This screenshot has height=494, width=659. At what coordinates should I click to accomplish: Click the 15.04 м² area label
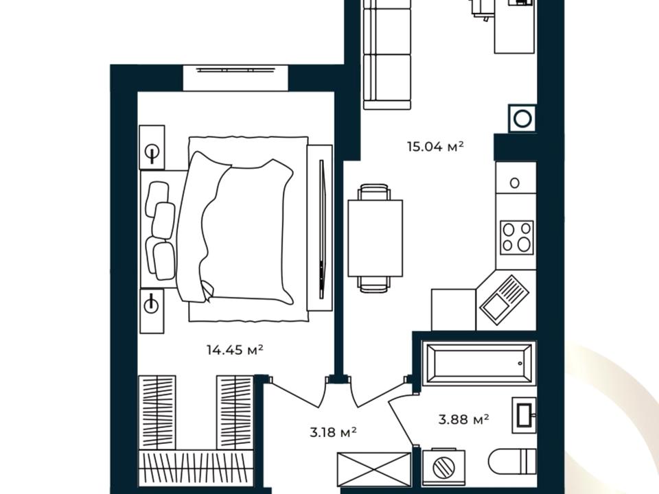coord(435,147)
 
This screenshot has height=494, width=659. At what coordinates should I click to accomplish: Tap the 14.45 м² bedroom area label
coord(235,349)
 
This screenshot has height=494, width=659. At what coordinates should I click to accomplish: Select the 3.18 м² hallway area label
coord(334,432)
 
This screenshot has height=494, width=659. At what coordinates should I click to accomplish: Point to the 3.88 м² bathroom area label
coord(463,419)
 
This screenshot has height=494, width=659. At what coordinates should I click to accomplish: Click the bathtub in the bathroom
coord(479,363)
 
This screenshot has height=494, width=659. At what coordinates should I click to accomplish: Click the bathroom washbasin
coord(524,415)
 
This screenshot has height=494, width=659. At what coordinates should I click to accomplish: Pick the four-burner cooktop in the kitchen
coord(516,237)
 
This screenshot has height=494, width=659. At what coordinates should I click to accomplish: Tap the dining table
coord(375,238)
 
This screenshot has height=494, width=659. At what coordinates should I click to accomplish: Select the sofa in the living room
coord(386,55)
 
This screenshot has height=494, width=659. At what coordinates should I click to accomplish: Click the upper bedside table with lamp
coord(152,148)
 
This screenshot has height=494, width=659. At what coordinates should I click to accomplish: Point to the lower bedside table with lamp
coord(151,311)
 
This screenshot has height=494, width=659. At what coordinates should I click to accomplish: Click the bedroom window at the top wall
coord(235,78)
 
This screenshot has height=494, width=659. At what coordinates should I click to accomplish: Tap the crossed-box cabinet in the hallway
coord(374,469)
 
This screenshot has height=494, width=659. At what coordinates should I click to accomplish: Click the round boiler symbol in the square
coord(522,118)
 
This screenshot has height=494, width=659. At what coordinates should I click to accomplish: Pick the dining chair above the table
coord(375,192)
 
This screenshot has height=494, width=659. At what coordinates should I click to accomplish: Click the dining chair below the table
coord(374,284)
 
